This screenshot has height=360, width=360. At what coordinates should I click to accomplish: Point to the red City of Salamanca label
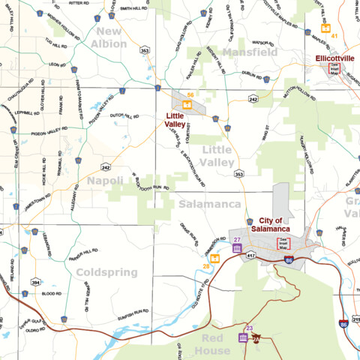tap(269, 224)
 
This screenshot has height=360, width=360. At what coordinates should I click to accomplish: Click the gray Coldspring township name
tap(106, 272)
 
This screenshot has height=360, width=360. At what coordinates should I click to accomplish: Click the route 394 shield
tap(35, 283)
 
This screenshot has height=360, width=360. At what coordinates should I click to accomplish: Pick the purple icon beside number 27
tap(237, 248)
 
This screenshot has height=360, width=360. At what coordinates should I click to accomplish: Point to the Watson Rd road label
tap(265, 43)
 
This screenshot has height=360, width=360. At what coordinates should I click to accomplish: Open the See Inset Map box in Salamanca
tap(283, 242)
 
